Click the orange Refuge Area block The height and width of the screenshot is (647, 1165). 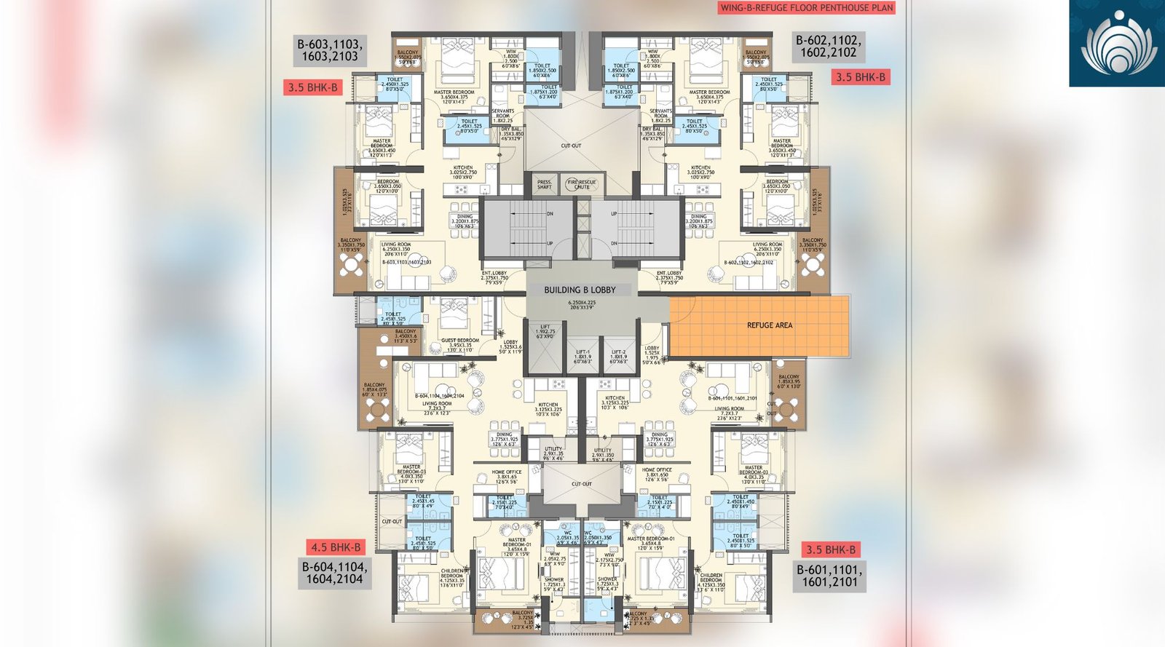759,325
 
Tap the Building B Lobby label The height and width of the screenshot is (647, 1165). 580,290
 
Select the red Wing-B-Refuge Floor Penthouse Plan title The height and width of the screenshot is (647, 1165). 806,8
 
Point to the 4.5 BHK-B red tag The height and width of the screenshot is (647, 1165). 336,547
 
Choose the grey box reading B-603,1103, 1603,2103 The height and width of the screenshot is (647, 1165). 329,50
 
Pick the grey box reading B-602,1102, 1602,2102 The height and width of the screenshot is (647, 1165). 828,47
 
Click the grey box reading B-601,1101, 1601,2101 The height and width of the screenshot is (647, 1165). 829,576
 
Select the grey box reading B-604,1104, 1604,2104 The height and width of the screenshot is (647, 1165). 334,573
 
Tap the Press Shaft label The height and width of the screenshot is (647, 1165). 544,185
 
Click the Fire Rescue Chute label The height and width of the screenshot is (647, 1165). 582,185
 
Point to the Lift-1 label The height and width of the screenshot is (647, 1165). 582,356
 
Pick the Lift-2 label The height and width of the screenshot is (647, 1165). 617,356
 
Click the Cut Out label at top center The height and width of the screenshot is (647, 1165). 571,146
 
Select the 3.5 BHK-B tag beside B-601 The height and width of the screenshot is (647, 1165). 830,549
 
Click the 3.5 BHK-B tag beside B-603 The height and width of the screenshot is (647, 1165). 313,87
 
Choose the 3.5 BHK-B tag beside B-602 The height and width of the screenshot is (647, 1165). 860,77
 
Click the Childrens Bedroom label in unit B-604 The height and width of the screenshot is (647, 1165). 451,577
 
